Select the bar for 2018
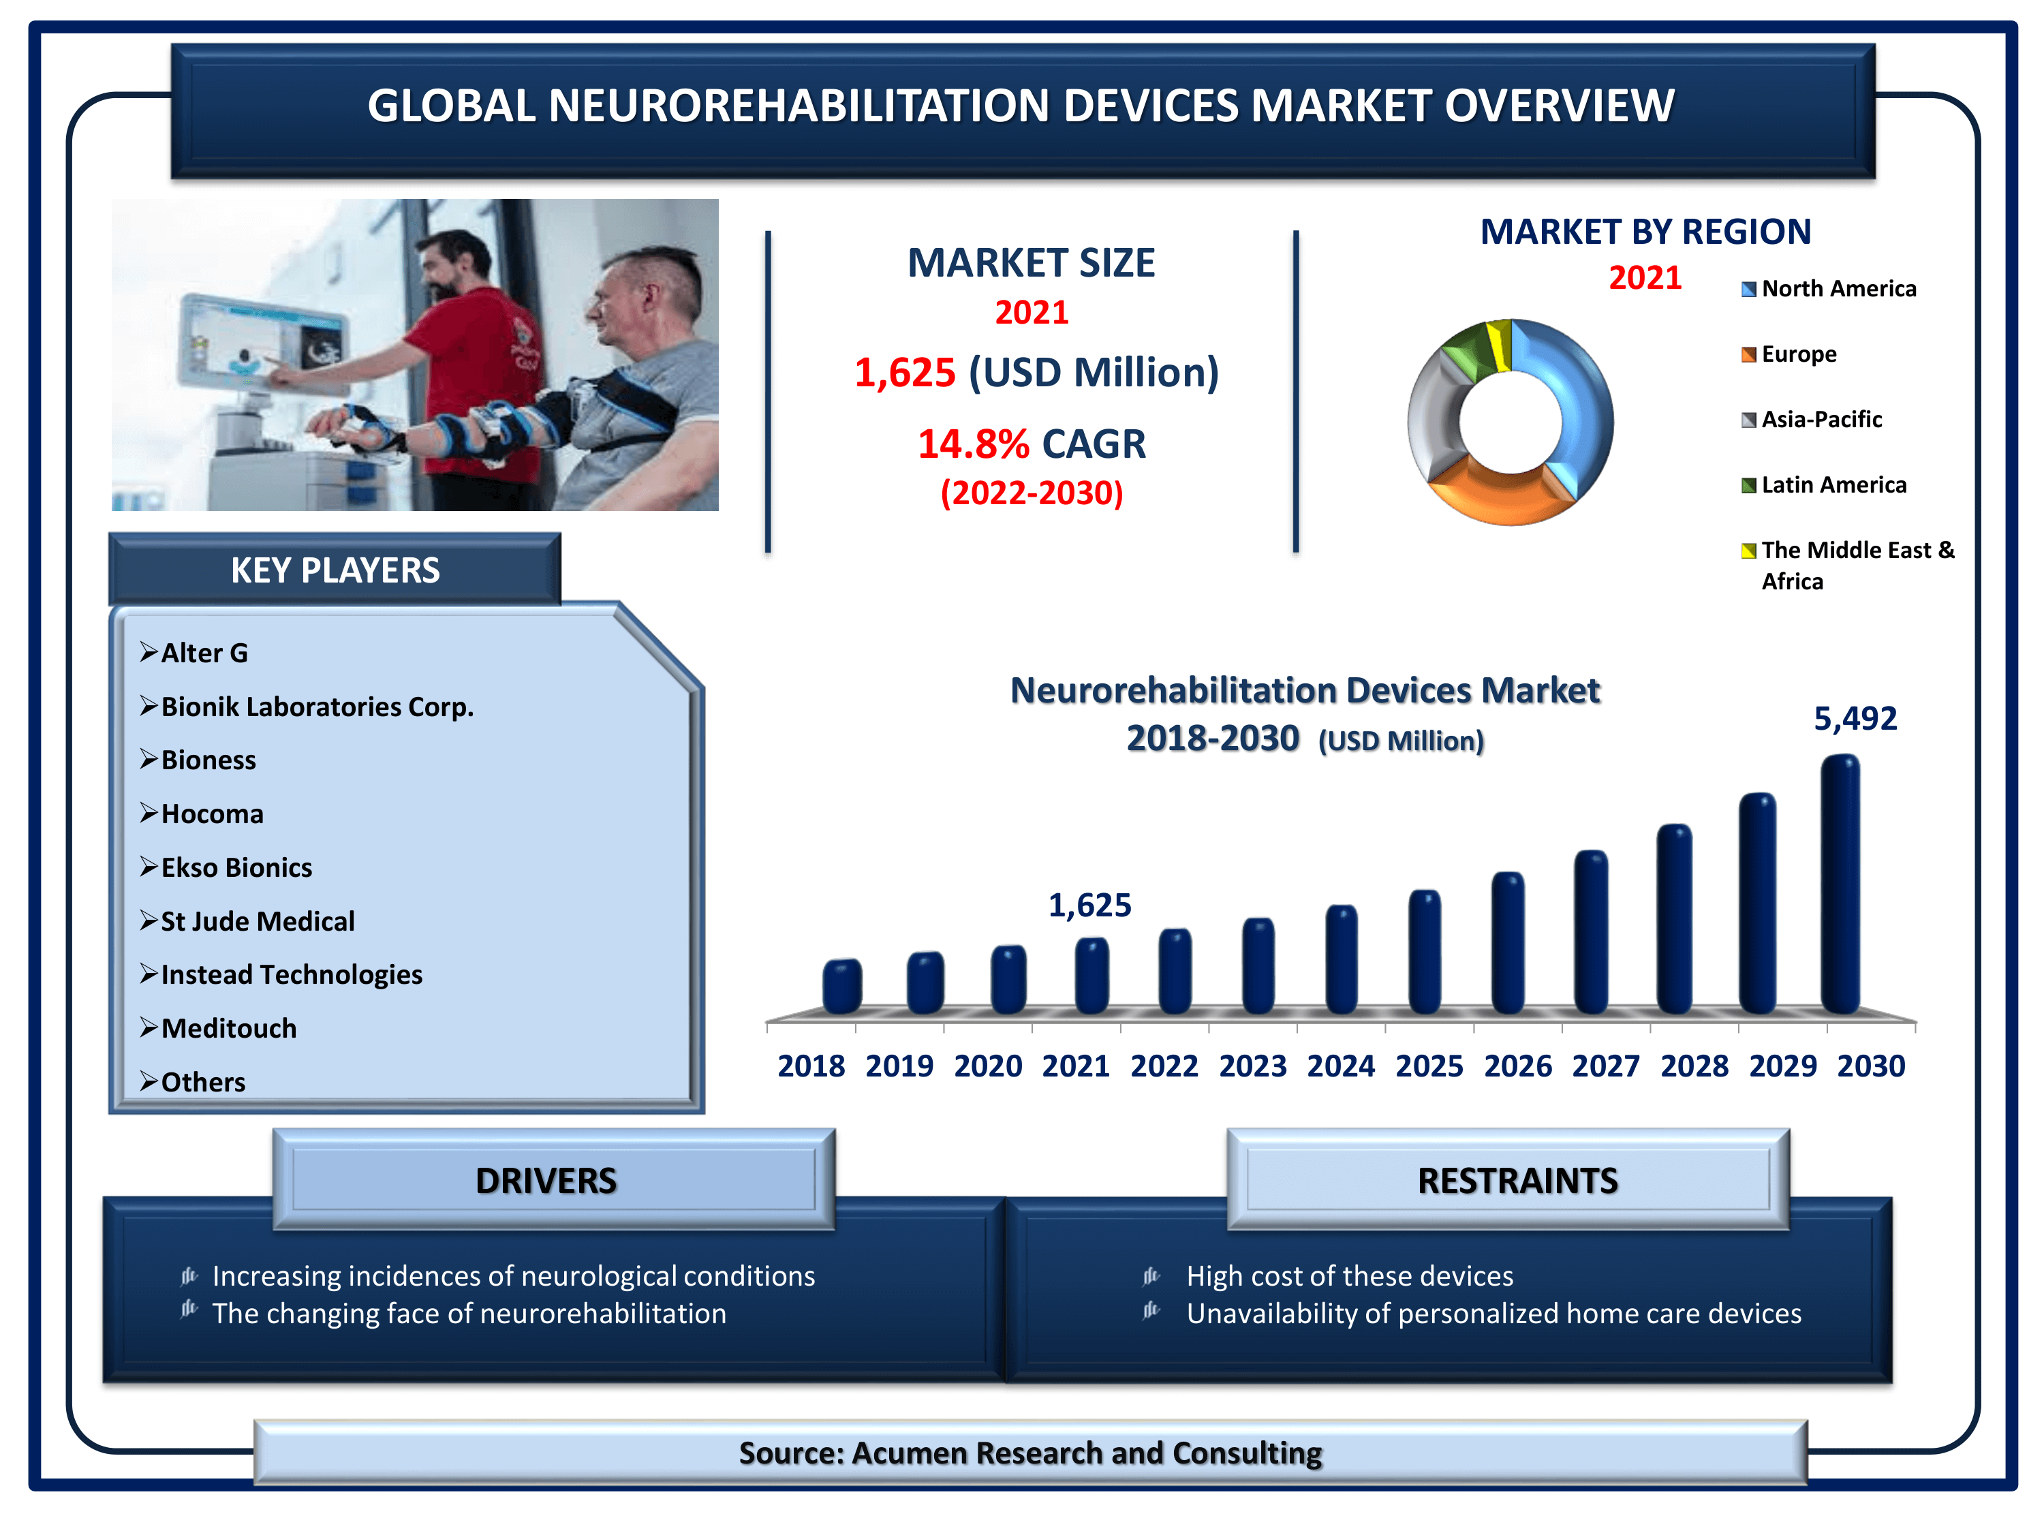(842, 986)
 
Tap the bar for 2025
(1424, 951)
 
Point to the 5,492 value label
(1855, 718)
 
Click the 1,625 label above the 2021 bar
(1089, 905)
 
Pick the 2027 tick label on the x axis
(1606, 1066)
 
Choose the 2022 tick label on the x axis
(1164, 1066)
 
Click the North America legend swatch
(1748, 290)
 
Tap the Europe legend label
(1799, 354)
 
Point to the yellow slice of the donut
(1502, 344)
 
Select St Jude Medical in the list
(257, 921)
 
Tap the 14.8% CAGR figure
(1032, 444)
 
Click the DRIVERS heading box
(553, 1179)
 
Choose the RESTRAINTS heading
(1517, 1181)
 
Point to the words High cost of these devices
(1349, 1276)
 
